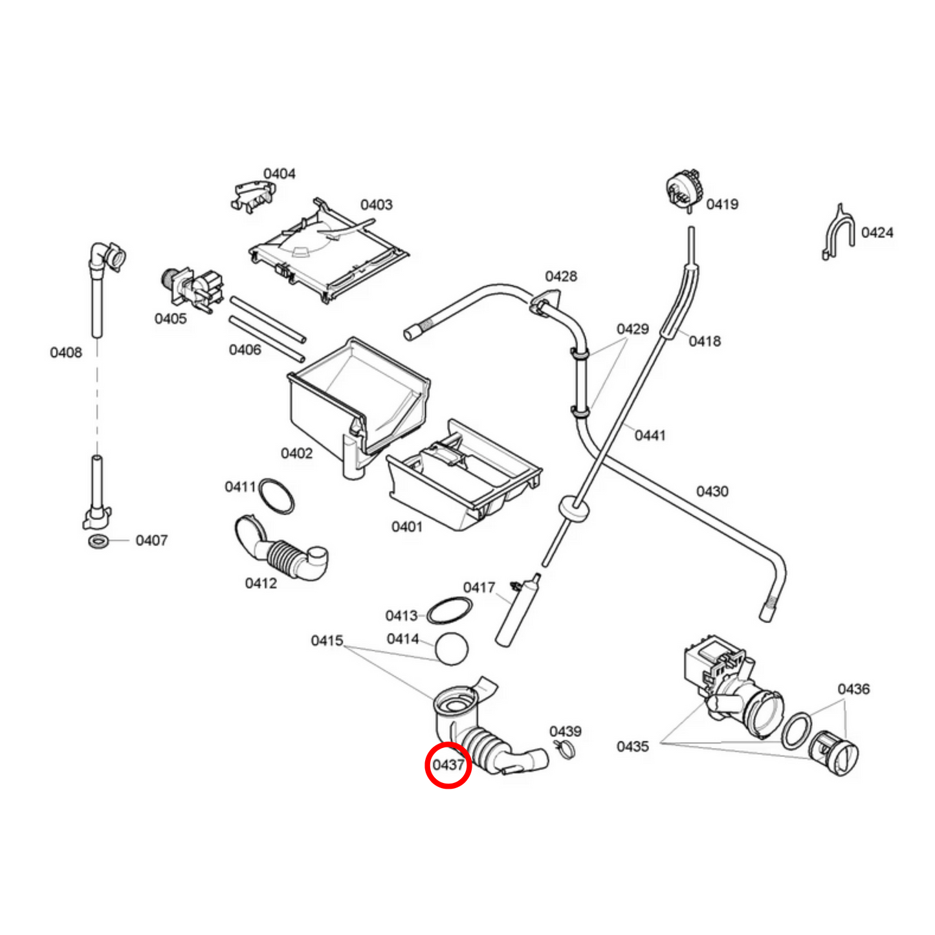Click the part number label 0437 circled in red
tap(448, 765)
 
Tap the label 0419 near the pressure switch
tap(722, 204)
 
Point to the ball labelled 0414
tap(451, 648)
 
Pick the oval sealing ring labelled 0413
tap(449, 610)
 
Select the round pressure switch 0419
tap(684, 190)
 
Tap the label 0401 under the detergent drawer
tap(407, 527)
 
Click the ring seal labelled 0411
tap(276, 496)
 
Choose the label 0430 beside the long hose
tap(712, 492)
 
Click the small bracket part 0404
tap(252, 195)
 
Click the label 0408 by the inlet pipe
tap(66, 353)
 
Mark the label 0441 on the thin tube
tap(650, 435)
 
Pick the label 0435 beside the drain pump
tap(632, 747)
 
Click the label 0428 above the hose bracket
tap(560, 277)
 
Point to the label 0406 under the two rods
tap(245, 350)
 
